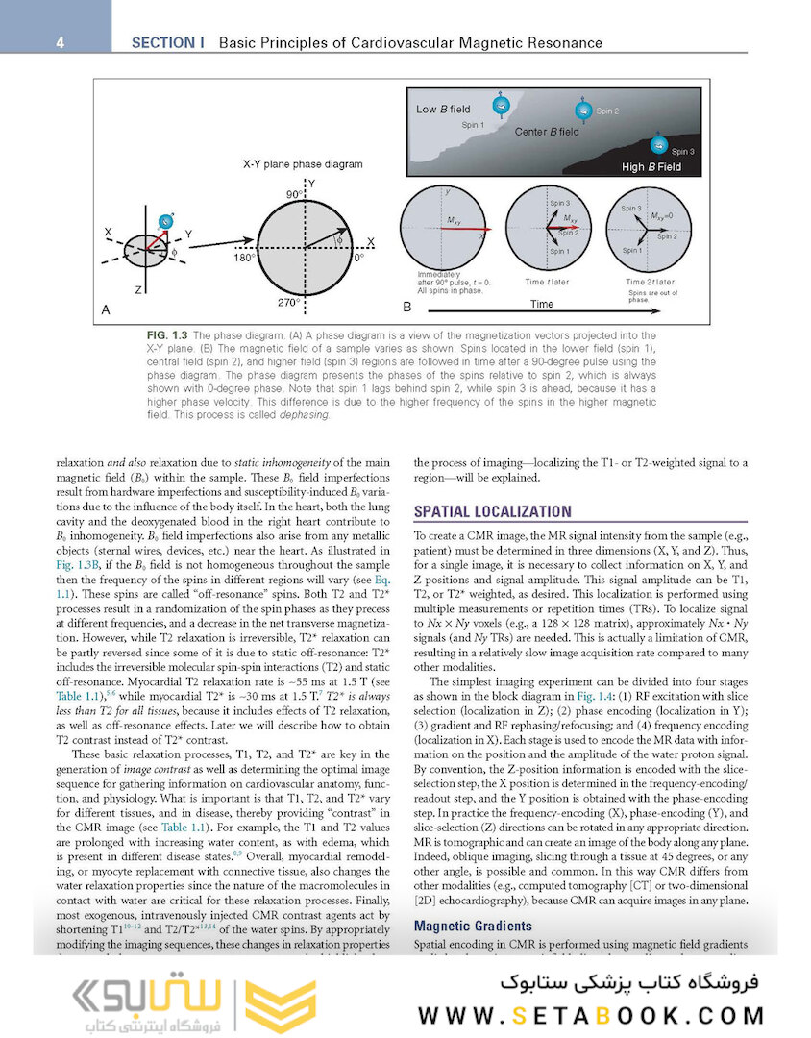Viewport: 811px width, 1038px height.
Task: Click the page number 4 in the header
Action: coord(60,42)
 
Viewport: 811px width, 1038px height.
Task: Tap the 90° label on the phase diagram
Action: coord(293,193)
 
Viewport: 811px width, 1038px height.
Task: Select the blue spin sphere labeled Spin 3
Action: coord(659,145)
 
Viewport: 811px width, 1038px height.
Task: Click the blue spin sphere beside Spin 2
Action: coord(580,109)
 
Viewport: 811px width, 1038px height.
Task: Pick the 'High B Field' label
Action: coord(651,167)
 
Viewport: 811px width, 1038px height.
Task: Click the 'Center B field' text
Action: coord(547,132)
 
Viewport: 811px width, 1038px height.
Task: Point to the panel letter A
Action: coord(107,309)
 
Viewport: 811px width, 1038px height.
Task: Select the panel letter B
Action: coord(406,308)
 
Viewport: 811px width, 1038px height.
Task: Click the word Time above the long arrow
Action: coord(542,304)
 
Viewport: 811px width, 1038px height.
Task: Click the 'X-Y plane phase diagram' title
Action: coord(303,164)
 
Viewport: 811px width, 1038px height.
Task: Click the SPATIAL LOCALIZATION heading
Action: coord(492,511)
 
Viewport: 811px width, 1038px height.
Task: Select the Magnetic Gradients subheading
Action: coord(472,926)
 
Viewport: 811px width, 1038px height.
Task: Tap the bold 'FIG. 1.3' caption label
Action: coord(155,334)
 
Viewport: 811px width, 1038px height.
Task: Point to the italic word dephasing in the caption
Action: coord(305,415)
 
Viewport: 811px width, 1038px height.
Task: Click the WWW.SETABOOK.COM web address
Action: coord(591,1015)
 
